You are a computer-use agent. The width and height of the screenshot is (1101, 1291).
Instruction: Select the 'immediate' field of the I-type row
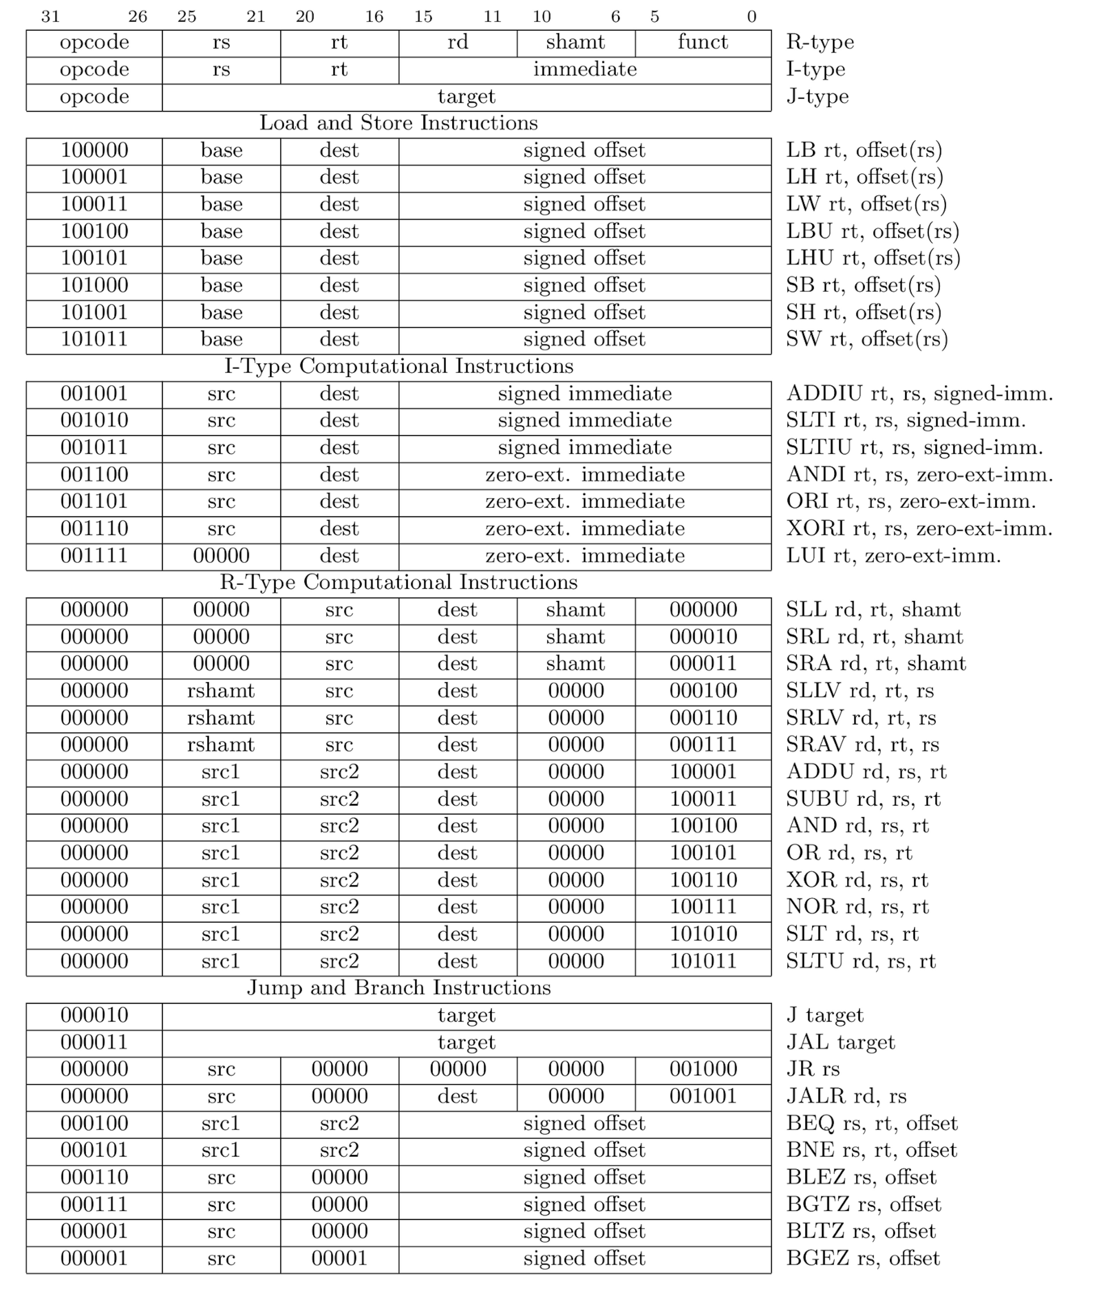[584, 69]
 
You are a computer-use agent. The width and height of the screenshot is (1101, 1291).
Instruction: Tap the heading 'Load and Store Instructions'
[398, 123]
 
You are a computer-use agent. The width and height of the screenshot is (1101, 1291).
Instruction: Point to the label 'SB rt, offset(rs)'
[863, 285]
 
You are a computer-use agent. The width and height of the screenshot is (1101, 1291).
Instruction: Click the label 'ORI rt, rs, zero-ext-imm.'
[911, 502]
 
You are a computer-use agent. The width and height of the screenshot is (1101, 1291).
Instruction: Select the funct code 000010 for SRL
[703, 637]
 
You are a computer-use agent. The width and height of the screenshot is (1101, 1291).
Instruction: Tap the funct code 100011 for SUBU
[703, 799]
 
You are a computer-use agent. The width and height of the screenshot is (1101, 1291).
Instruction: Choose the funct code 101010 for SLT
[703, 934]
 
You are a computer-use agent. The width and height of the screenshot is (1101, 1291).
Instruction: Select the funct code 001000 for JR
[703, 1069]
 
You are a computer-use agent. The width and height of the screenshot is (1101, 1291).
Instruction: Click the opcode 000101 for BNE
[94, 1150]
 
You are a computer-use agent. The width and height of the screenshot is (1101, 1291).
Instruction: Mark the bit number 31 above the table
[50, 17]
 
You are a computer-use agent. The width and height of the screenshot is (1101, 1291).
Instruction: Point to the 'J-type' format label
[817, 97]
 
